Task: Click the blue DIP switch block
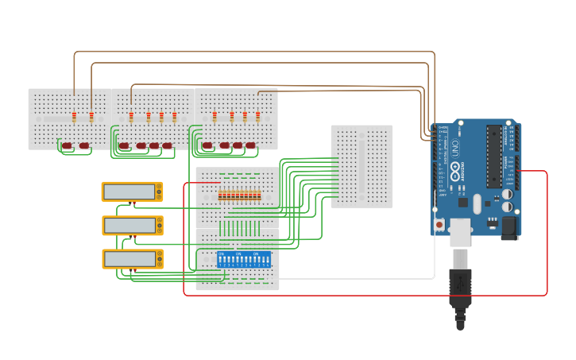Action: click(244, 259)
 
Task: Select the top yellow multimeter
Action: click(132, 192)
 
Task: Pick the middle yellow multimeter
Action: click(132, 226)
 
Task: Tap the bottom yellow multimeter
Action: click(132, 259)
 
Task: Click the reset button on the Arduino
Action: click(439, 225)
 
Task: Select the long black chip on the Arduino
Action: click(494, 156)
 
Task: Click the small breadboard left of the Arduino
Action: click(361, 166)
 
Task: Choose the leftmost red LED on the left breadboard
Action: click(67, 145)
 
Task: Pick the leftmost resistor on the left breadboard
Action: click(74, 118)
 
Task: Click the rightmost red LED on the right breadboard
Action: click(251, 145)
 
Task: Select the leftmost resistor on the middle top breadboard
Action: click(131, 118)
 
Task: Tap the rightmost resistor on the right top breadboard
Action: click(257, 118)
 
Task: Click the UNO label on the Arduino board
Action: click(455, 148)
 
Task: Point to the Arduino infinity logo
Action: click(455, 169)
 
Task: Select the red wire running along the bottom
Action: click(365, 296)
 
